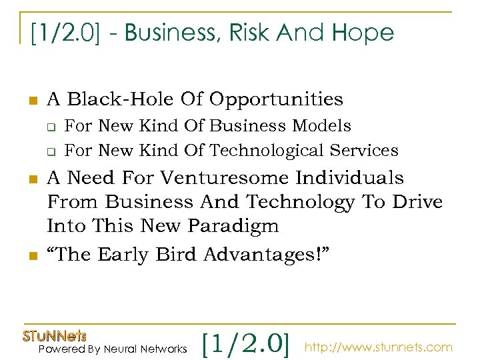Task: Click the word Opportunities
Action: click(x=276, y=99)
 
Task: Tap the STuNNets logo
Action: click(x=55, y=336)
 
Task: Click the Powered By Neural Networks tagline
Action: click(x=113, y=349)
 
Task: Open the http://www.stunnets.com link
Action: click(x=378, y=347)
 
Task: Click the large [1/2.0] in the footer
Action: click(x=245, y=343)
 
